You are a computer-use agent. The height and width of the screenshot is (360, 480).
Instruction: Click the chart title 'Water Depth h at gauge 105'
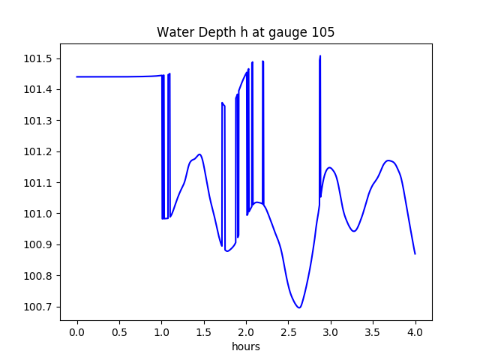coord(245,32)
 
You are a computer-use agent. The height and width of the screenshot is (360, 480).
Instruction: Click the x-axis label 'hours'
coord(245,347)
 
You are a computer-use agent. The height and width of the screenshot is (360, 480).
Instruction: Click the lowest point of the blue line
coord(299,307)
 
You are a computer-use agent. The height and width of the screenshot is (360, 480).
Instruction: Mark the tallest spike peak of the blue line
coord(320,56)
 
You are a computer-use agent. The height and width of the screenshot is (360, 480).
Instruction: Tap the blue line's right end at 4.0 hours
coord(415,253)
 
